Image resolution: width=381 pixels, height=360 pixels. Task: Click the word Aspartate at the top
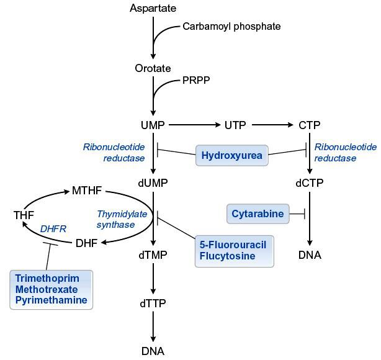[x=153, y=8]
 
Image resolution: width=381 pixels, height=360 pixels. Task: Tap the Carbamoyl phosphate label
[x=231, y=26]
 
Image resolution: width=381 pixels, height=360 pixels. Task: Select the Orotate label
[x=153, y=68]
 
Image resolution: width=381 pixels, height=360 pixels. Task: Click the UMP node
[x=153, y=125]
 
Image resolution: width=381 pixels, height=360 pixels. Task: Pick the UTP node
[x=235, y=125]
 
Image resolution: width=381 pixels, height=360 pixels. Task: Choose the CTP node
[x=309, y=125]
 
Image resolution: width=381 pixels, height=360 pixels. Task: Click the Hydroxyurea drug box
[x=232, y=155]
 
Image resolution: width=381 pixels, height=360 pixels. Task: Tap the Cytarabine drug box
[x=258, y=214]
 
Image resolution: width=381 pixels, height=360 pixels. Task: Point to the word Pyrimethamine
[x=52, y=300]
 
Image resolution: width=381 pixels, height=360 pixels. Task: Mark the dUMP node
[x=153, y=184]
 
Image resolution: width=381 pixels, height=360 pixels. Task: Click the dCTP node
[x=310, y=184]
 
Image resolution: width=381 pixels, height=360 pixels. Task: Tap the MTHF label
[x=87, y=190]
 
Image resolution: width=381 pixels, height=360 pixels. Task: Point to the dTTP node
[x=153, y=304]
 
